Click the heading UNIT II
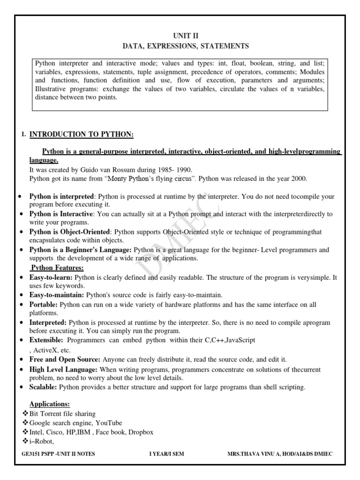pyautogui.click(x=186, y=36)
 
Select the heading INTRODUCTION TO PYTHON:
pyautogui.click(x=82, y=135)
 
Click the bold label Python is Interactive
pyautogui.click(x=61, y=214)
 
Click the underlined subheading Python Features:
pyautogui.click(x=57, y=268)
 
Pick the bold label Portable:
pyautogui.click(x=44, y=305)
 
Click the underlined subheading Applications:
pyautogui.click(x=50, y=404)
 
